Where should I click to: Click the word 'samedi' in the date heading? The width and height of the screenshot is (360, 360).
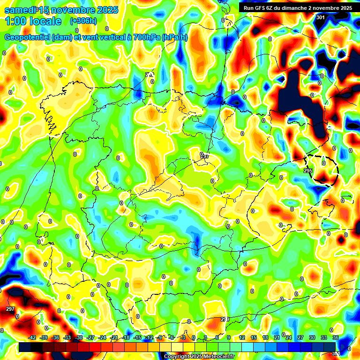[21, 10]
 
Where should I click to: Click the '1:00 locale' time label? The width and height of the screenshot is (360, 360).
[33, 21]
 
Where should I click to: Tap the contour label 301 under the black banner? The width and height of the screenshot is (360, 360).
[320, 17]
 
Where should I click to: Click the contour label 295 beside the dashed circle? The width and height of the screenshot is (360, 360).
[308, 171]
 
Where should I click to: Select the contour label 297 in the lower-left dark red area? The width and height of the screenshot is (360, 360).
[10, 309]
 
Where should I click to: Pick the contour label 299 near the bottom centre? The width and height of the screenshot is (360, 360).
[225, 319]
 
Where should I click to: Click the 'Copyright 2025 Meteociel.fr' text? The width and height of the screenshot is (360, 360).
[198, 356]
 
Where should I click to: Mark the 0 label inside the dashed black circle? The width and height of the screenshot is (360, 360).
[323, 163]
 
